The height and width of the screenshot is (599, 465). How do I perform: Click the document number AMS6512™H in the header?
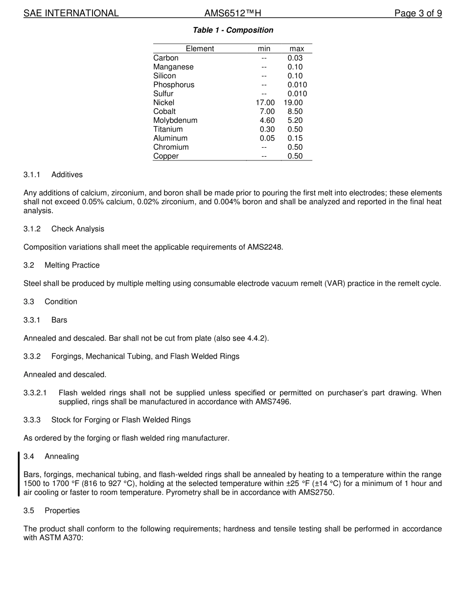(236, 13)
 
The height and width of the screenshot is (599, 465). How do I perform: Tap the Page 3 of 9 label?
(418, 13)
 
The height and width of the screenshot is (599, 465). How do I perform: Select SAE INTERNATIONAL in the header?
(71, 13)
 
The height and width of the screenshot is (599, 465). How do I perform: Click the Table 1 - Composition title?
(233, 30)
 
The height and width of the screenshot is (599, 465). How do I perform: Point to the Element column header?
(200, 48)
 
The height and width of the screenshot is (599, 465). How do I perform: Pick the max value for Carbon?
(295, 58)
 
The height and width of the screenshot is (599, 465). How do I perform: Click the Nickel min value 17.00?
(265, 102)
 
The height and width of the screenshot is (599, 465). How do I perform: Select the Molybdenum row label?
(175, 120)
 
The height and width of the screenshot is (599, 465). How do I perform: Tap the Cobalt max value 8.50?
(295, 112)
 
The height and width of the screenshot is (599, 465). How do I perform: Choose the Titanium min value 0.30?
(267, 129)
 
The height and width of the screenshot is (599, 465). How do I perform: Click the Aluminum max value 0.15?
(295, 138)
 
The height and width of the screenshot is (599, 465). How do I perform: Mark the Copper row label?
(166, 156)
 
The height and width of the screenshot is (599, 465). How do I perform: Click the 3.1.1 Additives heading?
(53, 175)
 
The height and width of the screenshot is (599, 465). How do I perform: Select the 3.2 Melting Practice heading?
(62, 265)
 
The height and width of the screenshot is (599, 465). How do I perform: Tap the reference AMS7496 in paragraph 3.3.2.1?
(268, 402)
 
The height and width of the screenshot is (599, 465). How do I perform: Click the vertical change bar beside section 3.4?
(19, 474)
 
